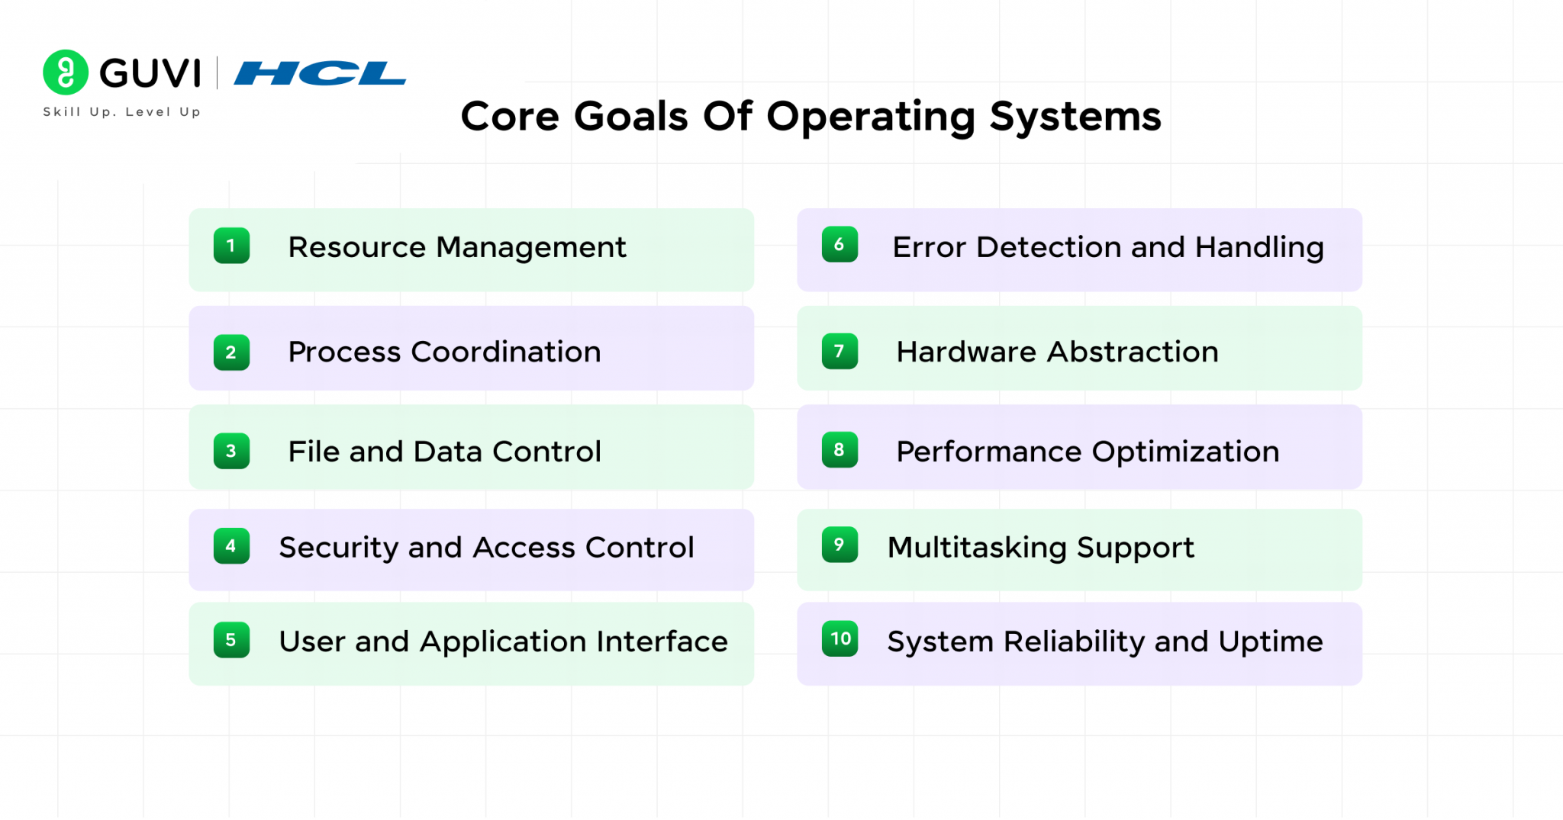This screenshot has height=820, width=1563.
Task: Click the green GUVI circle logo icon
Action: point(66,72)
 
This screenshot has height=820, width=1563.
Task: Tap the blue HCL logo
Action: point(320,73)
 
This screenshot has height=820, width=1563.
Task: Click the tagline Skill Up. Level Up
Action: point(122,112)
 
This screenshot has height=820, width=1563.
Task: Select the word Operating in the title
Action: point(871,117)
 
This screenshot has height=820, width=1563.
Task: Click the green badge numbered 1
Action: point(231,246)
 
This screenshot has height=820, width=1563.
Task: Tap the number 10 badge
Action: point(840,638)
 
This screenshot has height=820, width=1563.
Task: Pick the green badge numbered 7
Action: point(840,352)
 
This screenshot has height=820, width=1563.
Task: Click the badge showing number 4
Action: point(231,546)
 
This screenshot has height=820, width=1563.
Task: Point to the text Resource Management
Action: point(456,247)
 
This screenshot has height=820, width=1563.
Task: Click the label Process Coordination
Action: point(444,352)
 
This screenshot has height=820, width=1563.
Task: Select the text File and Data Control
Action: point(444,452)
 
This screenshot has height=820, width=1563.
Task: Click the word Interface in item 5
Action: point(662,642)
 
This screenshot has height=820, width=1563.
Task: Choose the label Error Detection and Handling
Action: point(1107,247)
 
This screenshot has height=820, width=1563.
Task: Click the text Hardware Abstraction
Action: point(1057,352)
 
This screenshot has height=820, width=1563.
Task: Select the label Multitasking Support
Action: point(1040,548)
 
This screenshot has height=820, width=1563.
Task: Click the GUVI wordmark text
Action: point(150,73)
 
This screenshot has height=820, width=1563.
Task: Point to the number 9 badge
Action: point(840,545)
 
